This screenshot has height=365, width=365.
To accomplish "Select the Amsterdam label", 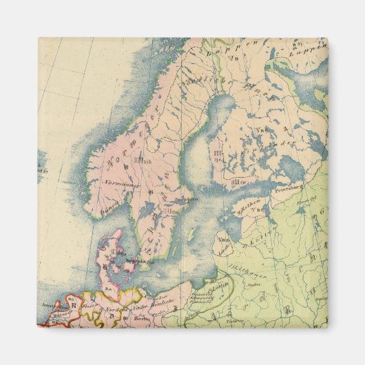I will [50, 303].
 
